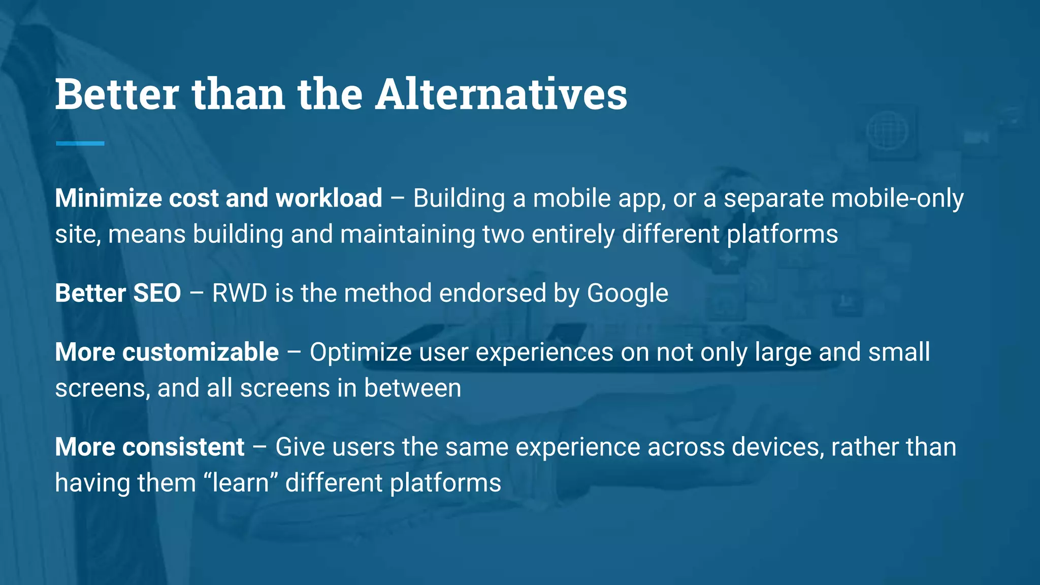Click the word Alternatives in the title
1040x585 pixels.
501,94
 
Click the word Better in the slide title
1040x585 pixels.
117,94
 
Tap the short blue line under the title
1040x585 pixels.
80,144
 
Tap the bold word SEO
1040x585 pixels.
157,294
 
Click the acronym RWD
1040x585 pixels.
239,294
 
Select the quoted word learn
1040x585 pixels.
241,483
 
